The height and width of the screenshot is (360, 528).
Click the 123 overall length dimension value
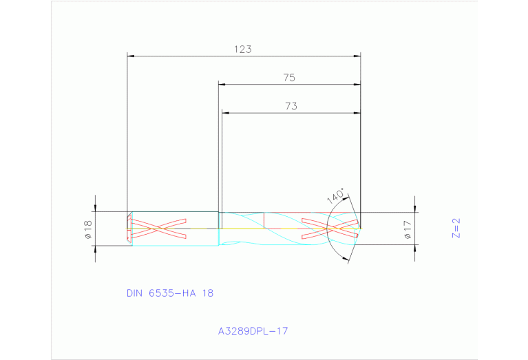(x=243, y=50)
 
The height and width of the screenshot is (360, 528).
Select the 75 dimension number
(x=289, y=78)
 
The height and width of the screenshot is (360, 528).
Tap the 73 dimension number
(x=291, y=106)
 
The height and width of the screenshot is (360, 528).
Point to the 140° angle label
(x=335, y=196)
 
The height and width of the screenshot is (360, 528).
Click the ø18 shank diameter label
(x=88, y=229)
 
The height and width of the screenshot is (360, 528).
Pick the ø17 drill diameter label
(x=408, y=229)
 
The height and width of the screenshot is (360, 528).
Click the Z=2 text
(x=455, y=228)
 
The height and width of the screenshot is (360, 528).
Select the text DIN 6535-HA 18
(x=170, y=293)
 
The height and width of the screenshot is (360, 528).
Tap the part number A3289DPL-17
(x=253, y=330)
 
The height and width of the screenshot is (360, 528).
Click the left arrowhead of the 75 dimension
(x=222, y=85)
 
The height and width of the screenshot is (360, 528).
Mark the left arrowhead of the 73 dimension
(x=225, y=113)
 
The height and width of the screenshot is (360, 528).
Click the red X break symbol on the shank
(x=158, y=229)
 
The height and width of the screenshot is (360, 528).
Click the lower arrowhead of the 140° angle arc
(x=347, y=259)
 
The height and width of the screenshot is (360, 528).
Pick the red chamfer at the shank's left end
(x=129, y=227)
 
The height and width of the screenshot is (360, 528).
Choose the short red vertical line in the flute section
(x=265, y=220)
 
